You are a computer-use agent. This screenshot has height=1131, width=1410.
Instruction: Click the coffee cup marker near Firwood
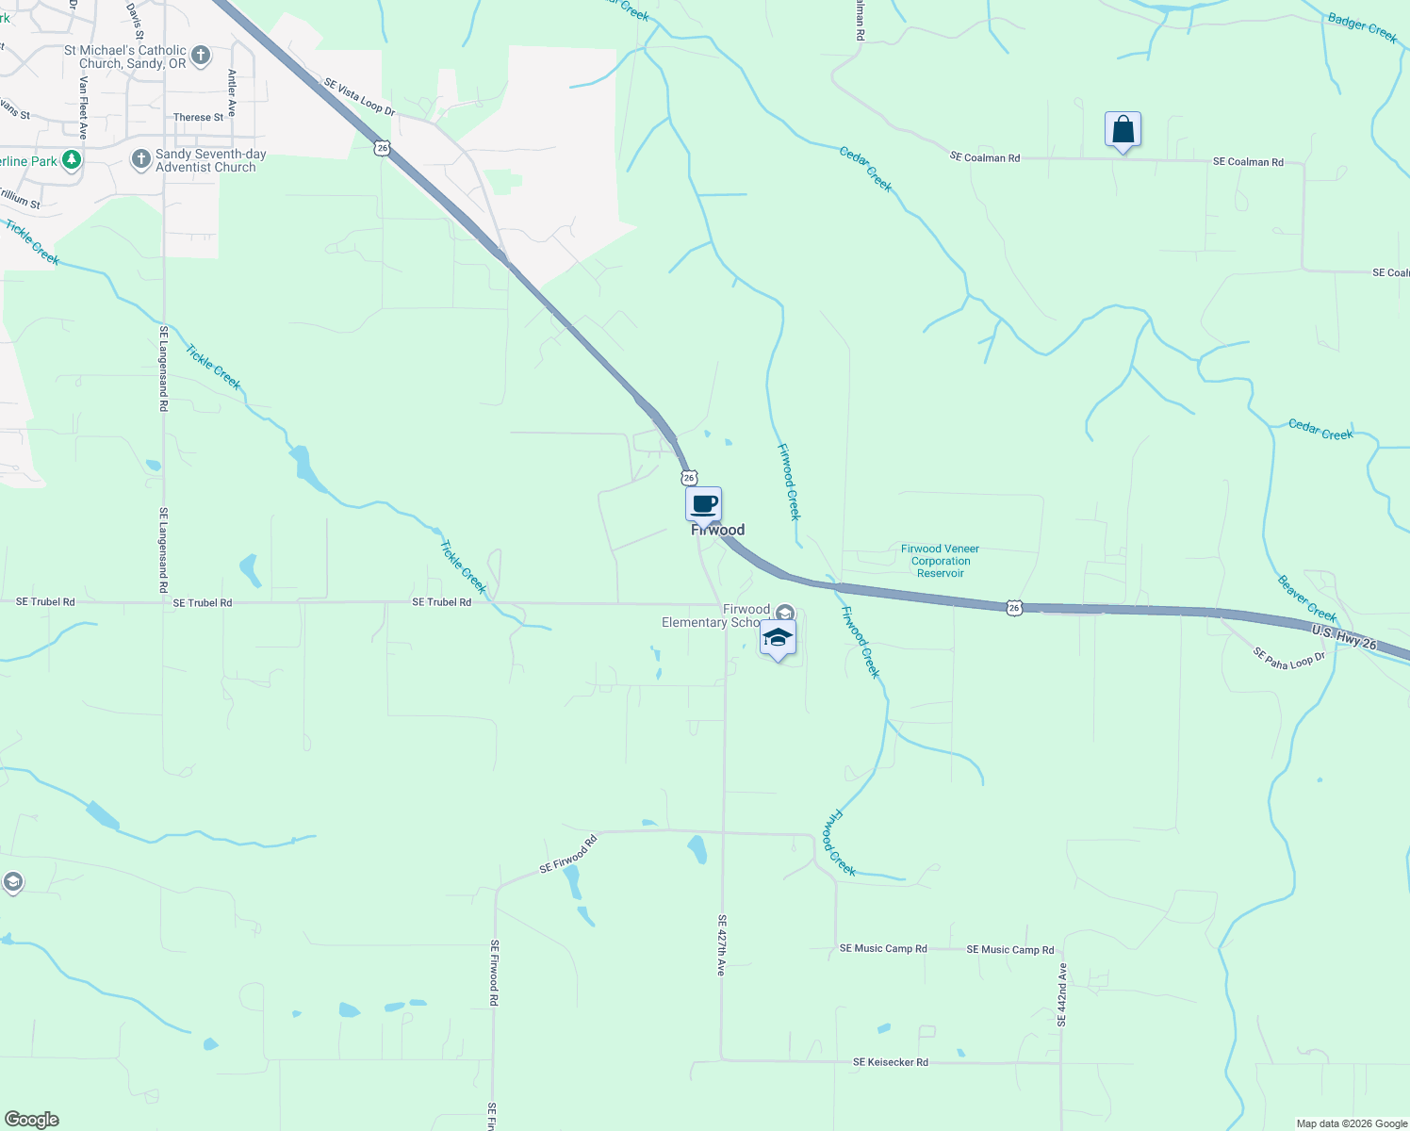click(x=703, y=504)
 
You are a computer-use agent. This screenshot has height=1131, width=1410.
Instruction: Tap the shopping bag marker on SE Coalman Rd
click(x=1123, y=129)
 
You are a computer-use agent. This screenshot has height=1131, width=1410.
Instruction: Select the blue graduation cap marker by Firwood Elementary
click(x=778, y=638)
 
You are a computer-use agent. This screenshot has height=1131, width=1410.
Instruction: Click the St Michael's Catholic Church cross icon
click(x=201, y=56)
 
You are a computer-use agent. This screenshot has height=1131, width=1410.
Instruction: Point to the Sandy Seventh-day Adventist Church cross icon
click(x=140, y=159)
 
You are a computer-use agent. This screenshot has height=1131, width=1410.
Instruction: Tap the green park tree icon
click(x=71, y=160)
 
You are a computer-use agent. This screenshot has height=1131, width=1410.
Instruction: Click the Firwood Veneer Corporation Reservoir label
click(x=940, y=561)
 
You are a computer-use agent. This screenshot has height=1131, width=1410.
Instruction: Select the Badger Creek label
click(x=1362, y=27)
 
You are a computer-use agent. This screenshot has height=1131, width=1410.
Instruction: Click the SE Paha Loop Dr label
click(x=1288, y=658)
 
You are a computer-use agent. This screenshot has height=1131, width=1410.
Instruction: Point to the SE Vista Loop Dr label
click(x=359, y=97)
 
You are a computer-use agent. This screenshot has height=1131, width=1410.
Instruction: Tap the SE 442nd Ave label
click(x=1062, y=994)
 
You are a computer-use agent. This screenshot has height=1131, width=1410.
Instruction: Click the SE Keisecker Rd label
click(x=891, y=1062)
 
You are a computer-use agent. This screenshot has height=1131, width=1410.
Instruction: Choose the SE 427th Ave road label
click(x=722, y=944)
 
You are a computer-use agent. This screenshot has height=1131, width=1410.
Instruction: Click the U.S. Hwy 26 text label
click(x=1344, y=637)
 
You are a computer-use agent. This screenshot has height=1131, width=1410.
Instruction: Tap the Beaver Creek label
click(x=1306, y=598)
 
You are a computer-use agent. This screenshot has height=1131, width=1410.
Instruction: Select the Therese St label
click(x=199, y=118)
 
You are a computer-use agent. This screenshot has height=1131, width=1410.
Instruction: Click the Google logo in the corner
click(x=32, y=1120)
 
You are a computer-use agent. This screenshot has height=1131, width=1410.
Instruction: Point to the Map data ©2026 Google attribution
click(x=1352, y=1123)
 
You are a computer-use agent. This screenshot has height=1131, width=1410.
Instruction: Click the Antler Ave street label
click(x=232, y=92)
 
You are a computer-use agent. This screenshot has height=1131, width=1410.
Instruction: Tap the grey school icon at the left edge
click(x=12, y=882)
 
